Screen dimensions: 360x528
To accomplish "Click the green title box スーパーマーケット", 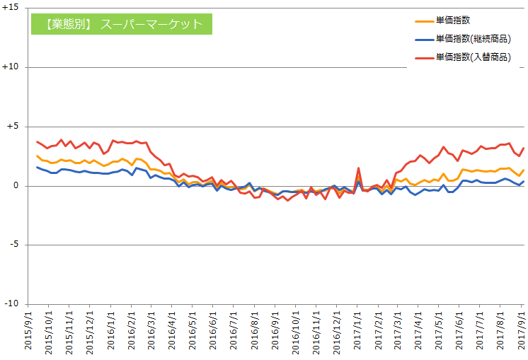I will (120, 24).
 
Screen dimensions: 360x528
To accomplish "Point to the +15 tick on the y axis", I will (13, 8).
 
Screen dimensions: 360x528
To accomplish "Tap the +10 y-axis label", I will (13, 67).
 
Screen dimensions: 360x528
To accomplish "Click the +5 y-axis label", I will (16, 127).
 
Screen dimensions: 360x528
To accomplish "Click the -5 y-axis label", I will (18, 245).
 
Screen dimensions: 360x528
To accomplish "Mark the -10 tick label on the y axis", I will (15, 304).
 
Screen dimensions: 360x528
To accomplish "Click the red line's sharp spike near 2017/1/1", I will (359, 168).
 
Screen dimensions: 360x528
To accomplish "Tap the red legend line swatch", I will (423, 57).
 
